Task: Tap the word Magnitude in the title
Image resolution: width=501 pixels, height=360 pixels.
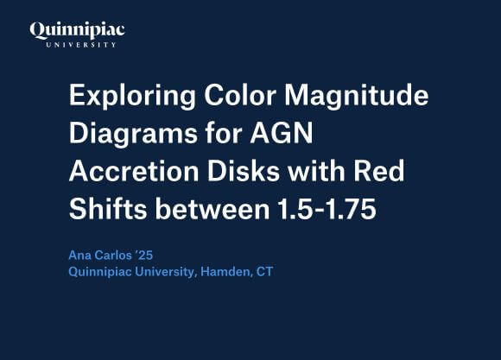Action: point(362,97)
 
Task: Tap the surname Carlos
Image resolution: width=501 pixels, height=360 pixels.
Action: point(117,256)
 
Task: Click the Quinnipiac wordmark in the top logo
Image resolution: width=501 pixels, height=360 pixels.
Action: point(78,30)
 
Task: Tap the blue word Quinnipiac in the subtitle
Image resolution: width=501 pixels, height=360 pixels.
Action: point(101,273)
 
